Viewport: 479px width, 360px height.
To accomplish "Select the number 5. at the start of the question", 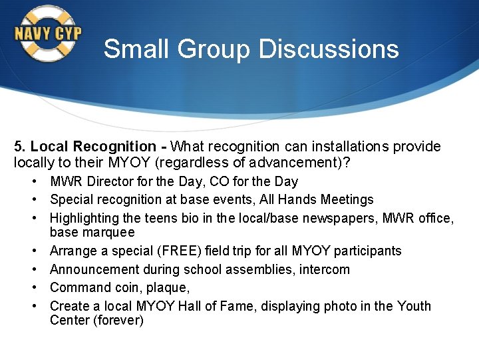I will coord(20,147).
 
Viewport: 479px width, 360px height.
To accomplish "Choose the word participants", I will coord(368,251).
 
